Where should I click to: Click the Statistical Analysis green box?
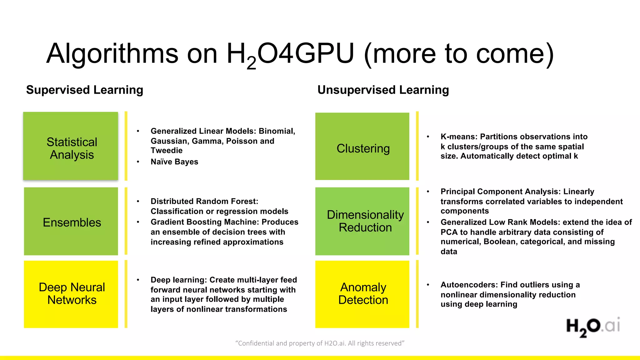point(71,146)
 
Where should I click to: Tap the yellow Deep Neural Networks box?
point(71,294)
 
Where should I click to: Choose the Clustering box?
point(362,146)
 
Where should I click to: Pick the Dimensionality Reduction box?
point(362,221)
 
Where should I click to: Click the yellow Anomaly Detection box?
point(362,294)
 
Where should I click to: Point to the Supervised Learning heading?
point(85,90)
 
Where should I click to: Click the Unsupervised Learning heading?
point(383,90)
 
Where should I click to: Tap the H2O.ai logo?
point(593,327)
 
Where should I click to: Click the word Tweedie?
point(167,151)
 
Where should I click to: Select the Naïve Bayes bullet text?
point(174,162)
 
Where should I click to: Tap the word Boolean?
point(500,242)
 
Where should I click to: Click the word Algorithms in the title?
point(112,54)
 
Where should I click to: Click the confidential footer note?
point(320,343)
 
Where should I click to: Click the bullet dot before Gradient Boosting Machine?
point(138,222)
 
